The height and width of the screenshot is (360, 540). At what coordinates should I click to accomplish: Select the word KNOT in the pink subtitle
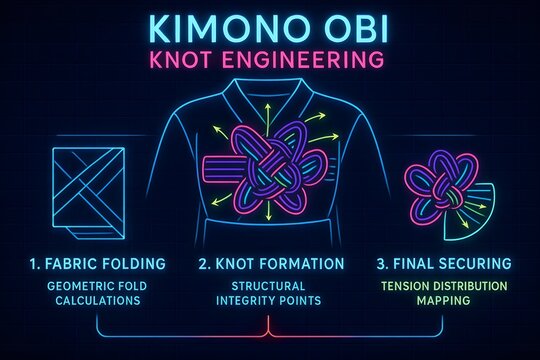point(206,59)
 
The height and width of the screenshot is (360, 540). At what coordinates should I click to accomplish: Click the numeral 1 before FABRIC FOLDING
point(34,264)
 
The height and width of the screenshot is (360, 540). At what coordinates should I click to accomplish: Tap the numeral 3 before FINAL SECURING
point(381,264)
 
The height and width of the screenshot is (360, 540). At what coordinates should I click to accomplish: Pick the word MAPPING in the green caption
point(443,301)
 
